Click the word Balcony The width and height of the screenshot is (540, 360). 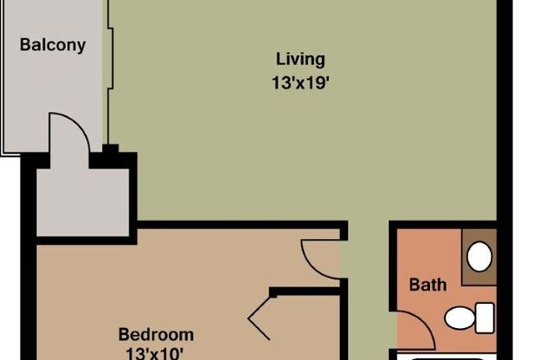[53, 44]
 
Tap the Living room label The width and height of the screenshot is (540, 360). [300, 60]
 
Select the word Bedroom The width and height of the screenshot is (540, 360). [156, 334]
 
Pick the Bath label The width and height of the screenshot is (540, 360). [427, 284]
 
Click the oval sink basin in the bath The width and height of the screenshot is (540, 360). [479, 255]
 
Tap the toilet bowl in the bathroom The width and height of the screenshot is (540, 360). [460, 318]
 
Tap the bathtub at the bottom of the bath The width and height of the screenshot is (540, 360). [446, 356]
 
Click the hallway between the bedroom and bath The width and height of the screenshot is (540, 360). [368, 286]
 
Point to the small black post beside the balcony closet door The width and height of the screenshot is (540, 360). [110, 149]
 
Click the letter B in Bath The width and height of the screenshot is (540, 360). [415, 284]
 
